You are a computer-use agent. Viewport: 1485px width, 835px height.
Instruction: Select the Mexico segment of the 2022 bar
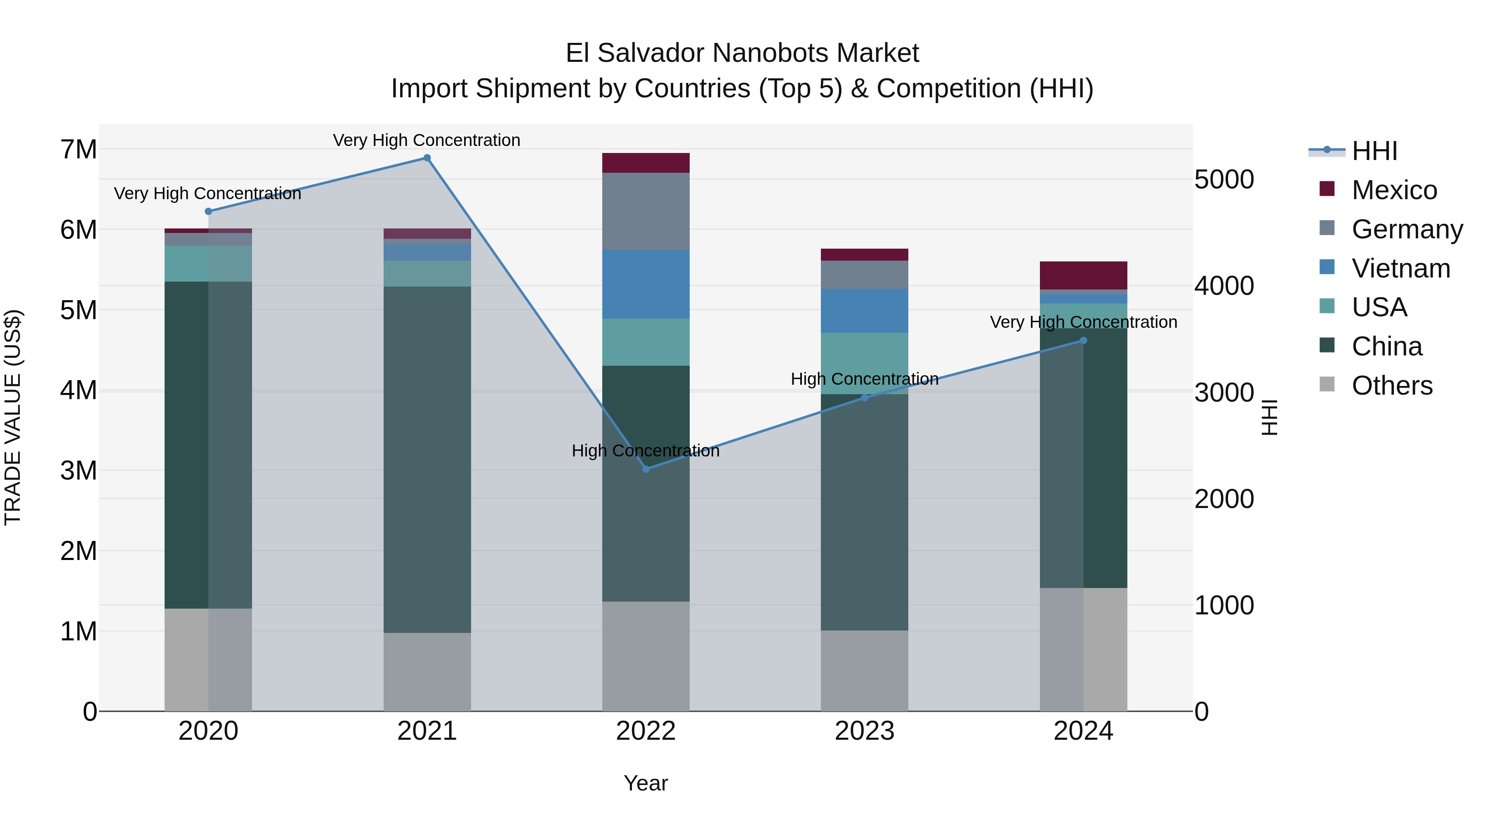[x=646, y=163]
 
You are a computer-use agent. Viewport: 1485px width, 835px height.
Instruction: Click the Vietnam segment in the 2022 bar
[x=646, y=284]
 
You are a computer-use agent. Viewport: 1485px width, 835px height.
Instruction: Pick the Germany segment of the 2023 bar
[x=864, y=275]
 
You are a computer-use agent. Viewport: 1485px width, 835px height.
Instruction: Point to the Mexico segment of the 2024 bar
[x=1083, y=275]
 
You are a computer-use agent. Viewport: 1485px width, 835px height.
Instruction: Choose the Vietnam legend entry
[x=1400, y=268]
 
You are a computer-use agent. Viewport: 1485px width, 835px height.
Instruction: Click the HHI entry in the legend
[x=1374, y=151]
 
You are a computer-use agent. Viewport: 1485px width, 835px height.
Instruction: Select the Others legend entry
[x=1392, y=386]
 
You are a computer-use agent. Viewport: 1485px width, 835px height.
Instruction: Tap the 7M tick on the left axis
[x=79, y=150]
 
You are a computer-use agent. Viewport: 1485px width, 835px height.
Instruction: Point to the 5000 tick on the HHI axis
[x=1224, y=180]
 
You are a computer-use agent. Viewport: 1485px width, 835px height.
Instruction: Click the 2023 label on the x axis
[x=864, y=731]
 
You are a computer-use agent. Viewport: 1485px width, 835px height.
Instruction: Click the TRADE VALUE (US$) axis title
[x=13, y=417]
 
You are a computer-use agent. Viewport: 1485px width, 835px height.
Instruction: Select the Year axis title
[x=646, y=783]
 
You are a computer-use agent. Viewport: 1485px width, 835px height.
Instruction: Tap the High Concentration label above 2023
[x=864, y=379]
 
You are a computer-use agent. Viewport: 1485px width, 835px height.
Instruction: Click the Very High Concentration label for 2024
[x=1083, y=322]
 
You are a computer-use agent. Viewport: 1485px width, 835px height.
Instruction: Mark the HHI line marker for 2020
[x=208, y=212]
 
